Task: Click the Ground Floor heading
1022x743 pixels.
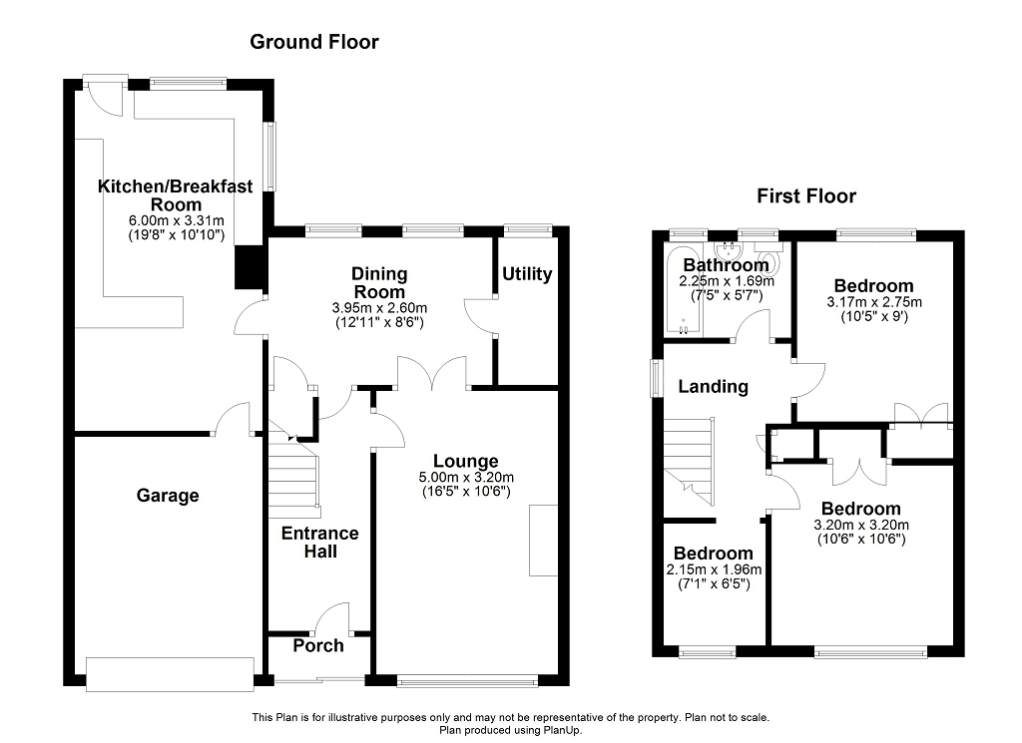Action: tap(314, 42)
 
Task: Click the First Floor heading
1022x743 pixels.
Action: tap(806, 196)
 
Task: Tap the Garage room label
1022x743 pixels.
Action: tap(168, 496)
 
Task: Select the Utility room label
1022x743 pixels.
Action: tap(527, 274)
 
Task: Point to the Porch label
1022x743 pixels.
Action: tap(318, 645)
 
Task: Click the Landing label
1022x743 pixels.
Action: tap(713, 386)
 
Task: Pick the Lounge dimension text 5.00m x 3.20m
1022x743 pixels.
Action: tap(466, 478)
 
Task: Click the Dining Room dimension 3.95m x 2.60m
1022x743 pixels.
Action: tap(379, 307)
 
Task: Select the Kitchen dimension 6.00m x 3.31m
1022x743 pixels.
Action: tap(176, 220)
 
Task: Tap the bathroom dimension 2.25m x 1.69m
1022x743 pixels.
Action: tap(727, 281)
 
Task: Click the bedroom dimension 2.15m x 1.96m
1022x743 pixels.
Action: tap(714, 569)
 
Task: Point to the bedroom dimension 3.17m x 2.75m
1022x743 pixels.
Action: tap(874, 302)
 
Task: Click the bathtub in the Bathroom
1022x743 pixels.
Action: tap(683, 290)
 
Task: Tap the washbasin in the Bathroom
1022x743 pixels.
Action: tap(728, 250)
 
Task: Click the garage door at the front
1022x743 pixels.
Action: tap(170, 674)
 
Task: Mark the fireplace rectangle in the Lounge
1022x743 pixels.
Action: tap(544, 540)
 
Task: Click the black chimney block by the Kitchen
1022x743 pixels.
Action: tap(250, 267)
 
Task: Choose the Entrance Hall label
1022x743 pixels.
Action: tap(320, 543)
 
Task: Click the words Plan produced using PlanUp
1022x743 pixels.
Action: tap(511, 731)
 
